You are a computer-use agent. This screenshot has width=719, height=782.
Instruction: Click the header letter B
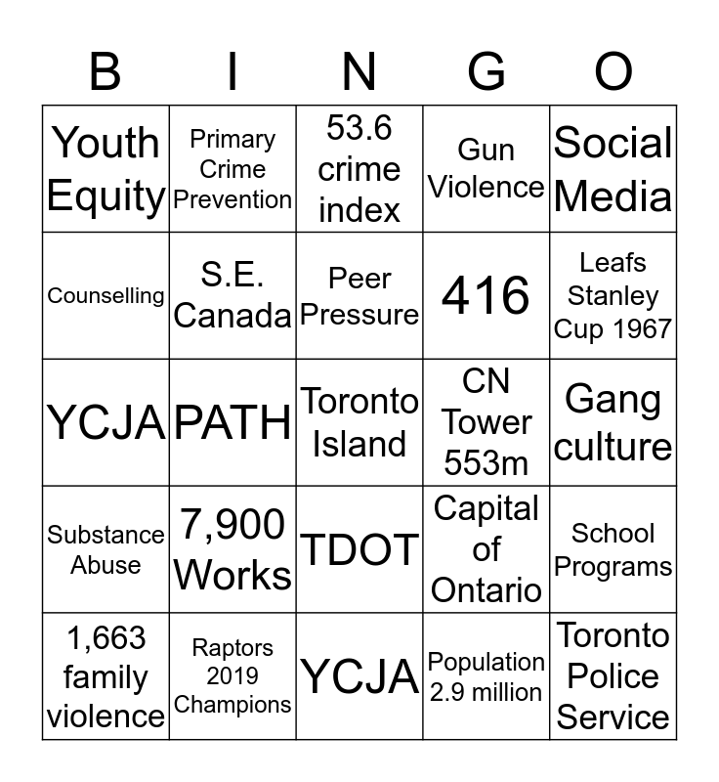(106, 71)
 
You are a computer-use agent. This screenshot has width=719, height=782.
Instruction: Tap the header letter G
(486, 71)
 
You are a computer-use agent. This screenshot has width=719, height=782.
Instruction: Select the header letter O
(613, 71)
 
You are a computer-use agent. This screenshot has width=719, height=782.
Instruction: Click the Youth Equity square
(106, 169)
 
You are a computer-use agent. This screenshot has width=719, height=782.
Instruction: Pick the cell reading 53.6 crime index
(359, 169)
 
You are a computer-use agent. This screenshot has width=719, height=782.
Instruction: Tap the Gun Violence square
(486, 169)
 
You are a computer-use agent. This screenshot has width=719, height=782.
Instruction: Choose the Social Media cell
(613, 169)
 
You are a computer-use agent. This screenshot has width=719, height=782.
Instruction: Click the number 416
(486, 295)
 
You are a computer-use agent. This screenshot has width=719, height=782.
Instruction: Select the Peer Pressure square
(359, 295)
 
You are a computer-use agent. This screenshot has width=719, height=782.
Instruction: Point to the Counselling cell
(106, 295)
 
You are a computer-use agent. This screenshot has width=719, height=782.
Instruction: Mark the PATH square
(233, 422)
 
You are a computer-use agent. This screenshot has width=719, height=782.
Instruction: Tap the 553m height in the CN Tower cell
(486, 462)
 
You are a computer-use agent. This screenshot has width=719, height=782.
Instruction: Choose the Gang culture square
(613, 422)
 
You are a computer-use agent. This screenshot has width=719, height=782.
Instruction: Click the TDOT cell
(359, 549)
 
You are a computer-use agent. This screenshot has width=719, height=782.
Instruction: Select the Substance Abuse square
(106, 549)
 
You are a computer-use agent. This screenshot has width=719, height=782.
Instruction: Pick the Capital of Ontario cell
(486, 549)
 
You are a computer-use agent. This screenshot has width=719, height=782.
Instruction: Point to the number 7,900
(233, 526)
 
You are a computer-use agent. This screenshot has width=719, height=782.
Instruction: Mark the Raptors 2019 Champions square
(233, 676)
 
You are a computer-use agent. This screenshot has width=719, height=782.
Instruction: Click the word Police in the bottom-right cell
(613, 676)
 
